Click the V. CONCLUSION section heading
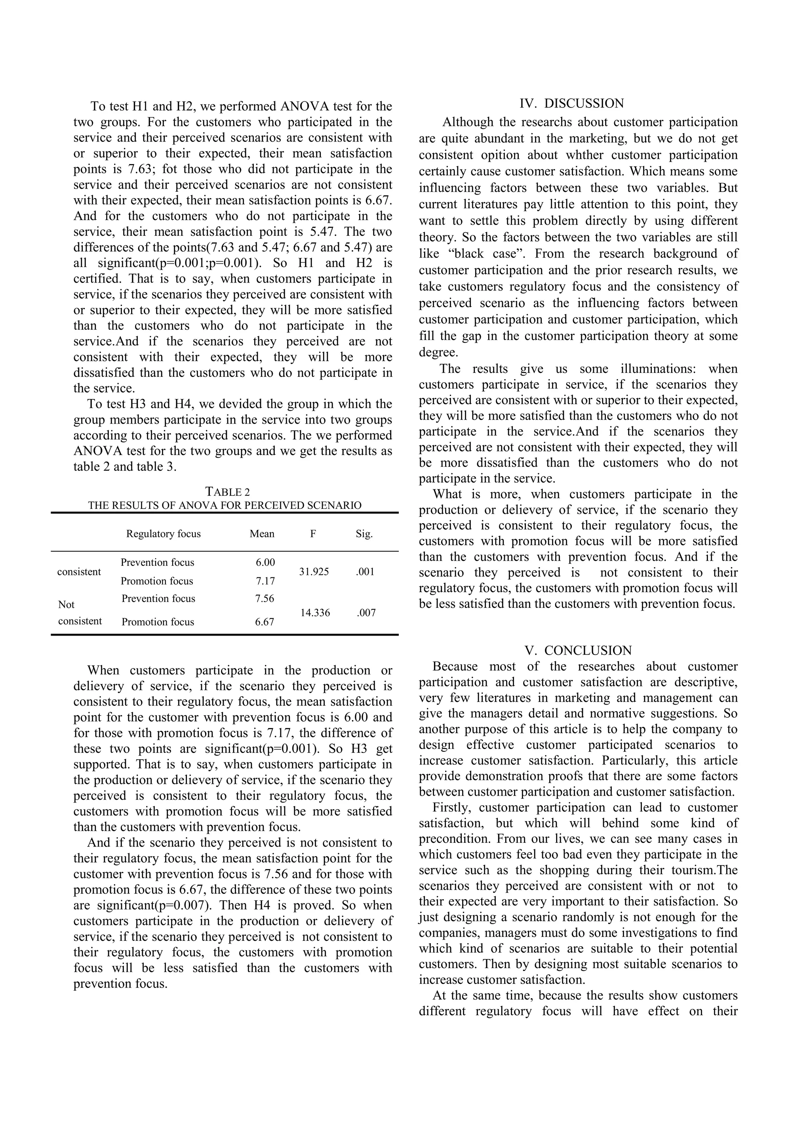tap(578, 651)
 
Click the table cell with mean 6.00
tap(265, 562)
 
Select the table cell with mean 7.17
tap(265, 581)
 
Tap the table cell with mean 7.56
tap(265, 598)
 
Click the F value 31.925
tap(314, 571)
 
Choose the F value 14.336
tap(315, 613)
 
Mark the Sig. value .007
tap(366, 613)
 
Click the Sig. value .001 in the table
tap(365, 571)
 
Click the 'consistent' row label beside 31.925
tap(79, 571)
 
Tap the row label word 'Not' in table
tap(67, 604)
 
